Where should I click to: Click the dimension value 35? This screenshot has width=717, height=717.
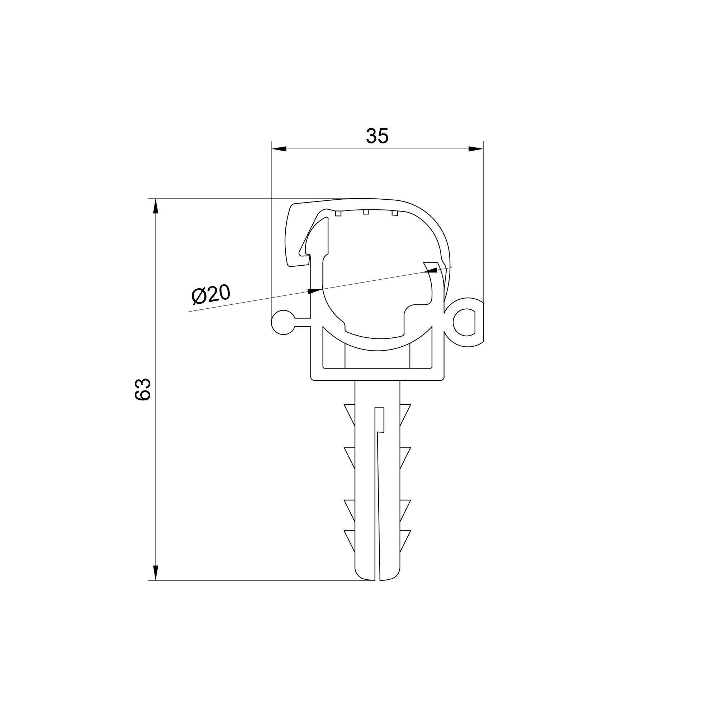point(377,136)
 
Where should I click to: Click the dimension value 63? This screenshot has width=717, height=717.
point(143,389)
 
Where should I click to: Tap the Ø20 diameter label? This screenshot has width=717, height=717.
point(211,294)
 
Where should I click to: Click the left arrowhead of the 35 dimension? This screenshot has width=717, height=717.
point(279,149)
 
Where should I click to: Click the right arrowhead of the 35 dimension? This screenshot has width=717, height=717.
point(475,149)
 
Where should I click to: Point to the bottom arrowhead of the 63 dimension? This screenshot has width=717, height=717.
point(156,572)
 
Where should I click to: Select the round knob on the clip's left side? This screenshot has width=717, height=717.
point(283,322)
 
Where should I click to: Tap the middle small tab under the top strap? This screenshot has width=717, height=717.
point(366,212)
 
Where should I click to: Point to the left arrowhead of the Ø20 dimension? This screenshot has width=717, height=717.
point(315,291)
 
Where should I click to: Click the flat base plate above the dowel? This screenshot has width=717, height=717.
point(377,375)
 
